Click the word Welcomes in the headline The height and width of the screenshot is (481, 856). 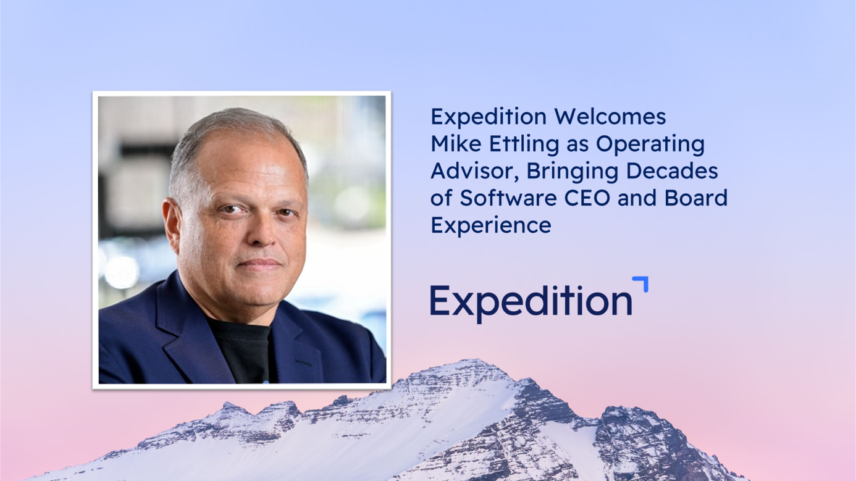(x=610, y=116)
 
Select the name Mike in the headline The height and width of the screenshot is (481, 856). (x=456, y=143)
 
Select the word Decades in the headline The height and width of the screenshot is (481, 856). (x=672, y=170)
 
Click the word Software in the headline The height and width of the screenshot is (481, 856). (x=508, y=198)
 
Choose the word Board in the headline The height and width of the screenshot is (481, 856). (x=695, y=198)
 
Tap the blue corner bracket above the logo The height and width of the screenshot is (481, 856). (x=642, y=282)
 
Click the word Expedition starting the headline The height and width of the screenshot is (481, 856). (x=489, y=117)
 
